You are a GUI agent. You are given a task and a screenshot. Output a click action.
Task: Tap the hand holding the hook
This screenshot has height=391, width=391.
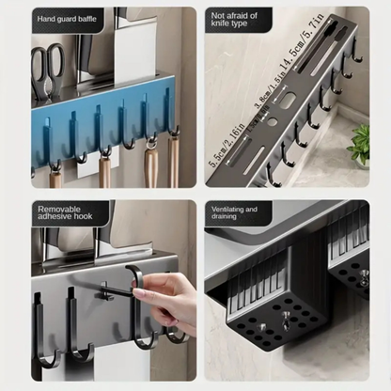(169, 301)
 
